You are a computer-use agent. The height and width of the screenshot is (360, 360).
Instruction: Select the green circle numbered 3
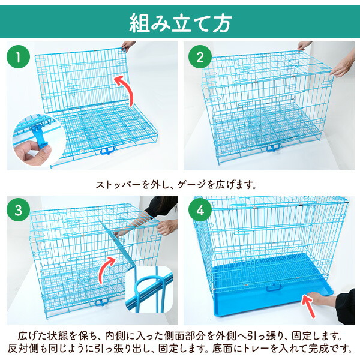(x=20, y=211)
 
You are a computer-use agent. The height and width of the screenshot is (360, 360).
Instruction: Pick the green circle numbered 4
(x=198, y=211)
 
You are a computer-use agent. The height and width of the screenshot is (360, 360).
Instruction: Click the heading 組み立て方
(x=180, y=22)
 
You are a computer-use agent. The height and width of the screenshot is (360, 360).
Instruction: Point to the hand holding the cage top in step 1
(x=128, y=46)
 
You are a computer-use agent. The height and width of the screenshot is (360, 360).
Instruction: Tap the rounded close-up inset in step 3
(x=148, y=291)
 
